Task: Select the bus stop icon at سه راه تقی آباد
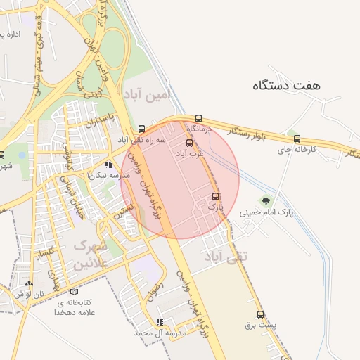point(142,129)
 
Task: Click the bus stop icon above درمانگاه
point(198,119)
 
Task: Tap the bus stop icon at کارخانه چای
point(297,139)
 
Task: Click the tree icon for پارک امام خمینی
point(266,201)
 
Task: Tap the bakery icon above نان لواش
point(29,284)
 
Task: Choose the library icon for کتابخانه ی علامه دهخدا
point(75,291)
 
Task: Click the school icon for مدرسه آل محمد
point(160,322)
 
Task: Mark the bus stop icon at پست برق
point(261,315)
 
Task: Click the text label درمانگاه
point(198,129)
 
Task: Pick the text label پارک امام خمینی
point(266,212)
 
